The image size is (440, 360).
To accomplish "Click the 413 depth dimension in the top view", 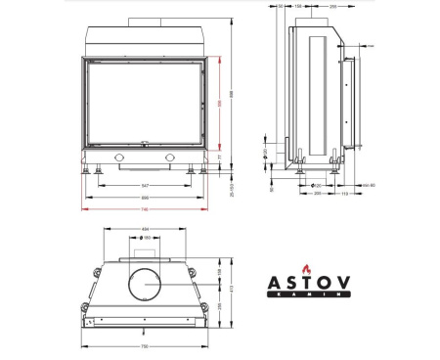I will tap(232, 291).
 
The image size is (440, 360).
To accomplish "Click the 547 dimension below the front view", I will tap(145, 185).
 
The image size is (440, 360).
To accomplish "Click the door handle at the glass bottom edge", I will tap(145, 145).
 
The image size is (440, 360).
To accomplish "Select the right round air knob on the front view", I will tap(173, 157).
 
